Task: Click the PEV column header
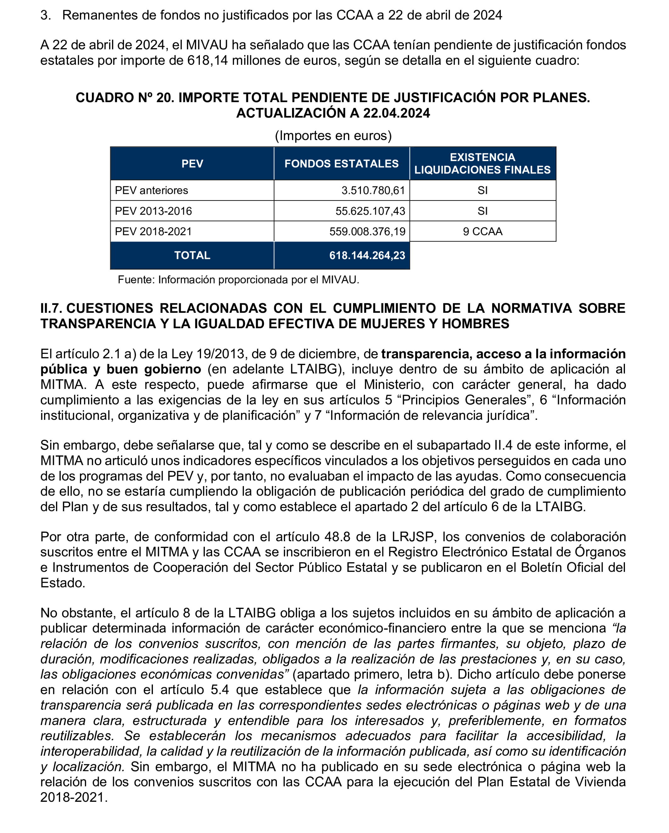[x=192, y=163]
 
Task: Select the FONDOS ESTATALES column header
[x=341, y=163]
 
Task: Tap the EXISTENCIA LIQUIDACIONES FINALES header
[x=482, y=163]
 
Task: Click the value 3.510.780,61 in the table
[x=373, y=190]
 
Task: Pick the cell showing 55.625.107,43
[x=370, y=211]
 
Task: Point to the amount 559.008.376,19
[x=367, y=231]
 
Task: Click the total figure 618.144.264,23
[x=367, y=256]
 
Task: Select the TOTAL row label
[x=192, y=256]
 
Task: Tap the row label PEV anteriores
[x=151, y=190]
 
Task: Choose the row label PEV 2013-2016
[x=153, y=211]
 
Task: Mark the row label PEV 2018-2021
[x=153, y=231]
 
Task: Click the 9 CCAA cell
[x=482, y=231]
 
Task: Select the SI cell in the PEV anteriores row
[x=482, y=190]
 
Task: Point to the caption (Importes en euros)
[x=333, y=136]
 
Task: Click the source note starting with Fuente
[x=238, y=280]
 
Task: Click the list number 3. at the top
[x=46, y=15]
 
